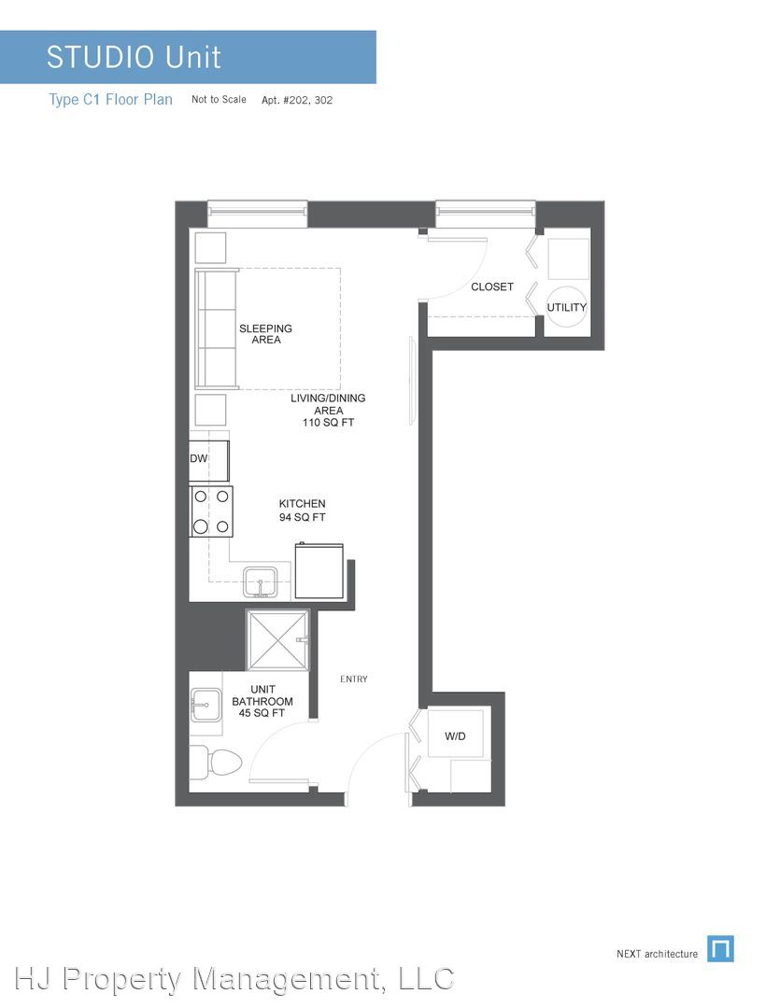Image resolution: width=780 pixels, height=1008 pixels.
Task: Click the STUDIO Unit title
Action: click(134, 57)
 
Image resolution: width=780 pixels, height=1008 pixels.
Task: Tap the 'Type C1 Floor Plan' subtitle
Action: click(110, 100)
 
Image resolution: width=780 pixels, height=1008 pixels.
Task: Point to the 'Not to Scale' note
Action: click(219, 100)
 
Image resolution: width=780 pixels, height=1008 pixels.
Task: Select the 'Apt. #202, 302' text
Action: click(297, 100)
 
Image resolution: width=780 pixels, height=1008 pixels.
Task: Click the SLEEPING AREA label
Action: click(266, 333)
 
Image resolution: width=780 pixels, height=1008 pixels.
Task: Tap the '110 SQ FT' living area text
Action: click(328, 423)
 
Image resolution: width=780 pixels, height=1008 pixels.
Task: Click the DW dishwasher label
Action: click(198, 458)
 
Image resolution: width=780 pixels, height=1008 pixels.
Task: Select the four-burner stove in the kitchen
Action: click(211, 511)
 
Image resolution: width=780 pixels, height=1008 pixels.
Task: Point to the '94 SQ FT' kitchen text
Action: click(302, 517)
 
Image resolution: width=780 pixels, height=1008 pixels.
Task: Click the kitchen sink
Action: click(260, 581)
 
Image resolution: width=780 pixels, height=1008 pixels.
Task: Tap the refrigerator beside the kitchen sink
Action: click(319, 571)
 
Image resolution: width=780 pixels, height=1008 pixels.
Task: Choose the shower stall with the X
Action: click(278, 640)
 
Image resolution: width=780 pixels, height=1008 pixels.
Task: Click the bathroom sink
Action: click(206, 704)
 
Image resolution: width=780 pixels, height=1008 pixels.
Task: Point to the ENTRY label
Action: click(353, 679)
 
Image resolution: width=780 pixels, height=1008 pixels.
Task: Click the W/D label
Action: click(455, 736)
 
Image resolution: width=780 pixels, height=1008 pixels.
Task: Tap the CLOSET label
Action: click(492, 287)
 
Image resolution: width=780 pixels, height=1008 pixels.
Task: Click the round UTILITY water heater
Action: click(566, 306)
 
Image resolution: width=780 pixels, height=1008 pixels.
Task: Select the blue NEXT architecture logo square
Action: click(720, 949)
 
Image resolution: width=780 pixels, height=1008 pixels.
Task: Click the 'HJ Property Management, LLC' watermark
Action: click(234, 979)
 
